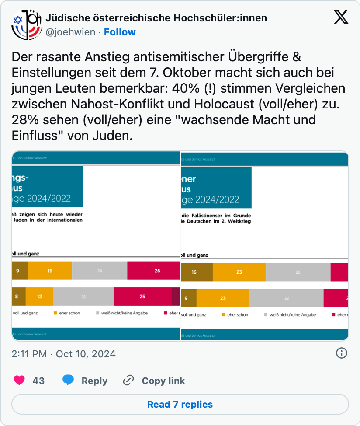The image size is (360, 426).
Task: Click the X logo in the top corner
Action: (341, 17)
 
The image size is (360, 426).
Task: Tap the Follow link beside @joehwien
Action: (120, 32)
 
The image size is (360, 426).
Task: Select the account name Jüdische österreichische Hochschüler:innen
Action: (156, 18)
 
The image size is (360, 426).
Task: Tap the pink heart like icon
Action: (19, 381)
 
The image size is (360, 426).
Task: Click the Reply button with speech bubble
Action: (85, 381)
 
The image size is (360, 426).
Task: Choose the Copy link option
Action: (154, 381)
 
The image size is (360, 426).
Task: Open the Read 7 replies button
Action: (180, 404)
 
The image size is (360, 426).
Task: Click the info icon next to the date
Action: (341, 353)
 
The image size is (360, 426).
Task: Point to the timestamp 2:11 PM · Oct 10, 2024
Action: (64, 354)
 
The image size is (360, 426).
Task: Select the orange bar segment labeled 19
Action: (50, 271)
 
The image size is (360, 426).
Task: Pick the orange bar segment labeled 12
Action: (39, 296)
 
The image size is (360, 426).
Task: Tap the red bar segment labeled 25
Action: (142, 296)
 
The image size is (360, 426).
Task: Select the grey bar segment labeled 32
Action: (286, 298)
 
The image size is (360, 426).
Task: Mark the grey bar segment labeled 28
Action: (298, 272)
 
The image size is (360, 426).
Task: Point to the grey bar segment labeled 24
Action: (100, 271)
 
